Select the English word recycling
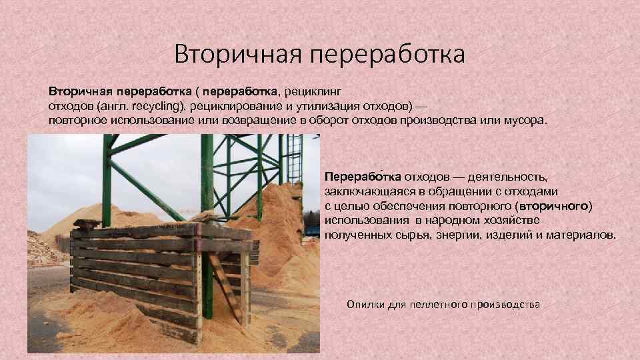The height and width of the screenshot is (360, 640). (158, 106)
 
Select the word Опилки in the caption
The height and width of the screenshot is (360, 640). (363, 304)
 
